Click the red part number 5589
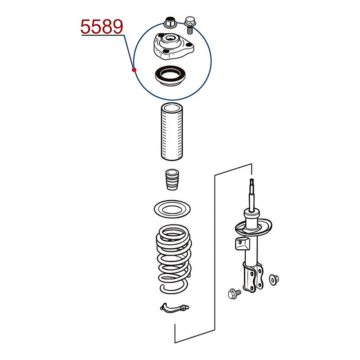pos(102,27)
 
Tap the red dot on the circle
pos(134,70)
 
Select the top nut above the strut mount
pos(170,22)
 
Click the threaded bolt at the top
pos(190,25)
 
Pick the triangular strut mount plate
pos(173,47)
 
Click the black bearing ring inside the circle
pos(170,76)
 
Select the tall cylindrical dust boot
pos(172,132)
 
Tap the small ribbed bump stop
pos(172,180)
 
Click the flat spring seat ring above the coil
pos(172,209)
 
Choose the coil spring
pos(174,259)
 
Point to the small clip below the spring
pos(175,308)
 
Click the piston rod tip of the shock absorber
pos(252,181)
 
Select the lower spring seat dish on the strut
pos(253,228)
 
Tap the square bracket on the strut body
pos(242,243)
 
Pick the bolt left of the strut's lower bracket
pos(234,294)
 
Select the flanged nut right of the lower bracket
pos(274,280)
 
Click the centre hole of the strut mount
pos(170,37)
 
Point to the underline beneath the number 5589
pos(103,35)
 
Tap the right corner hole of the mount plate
pos(189,45)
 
